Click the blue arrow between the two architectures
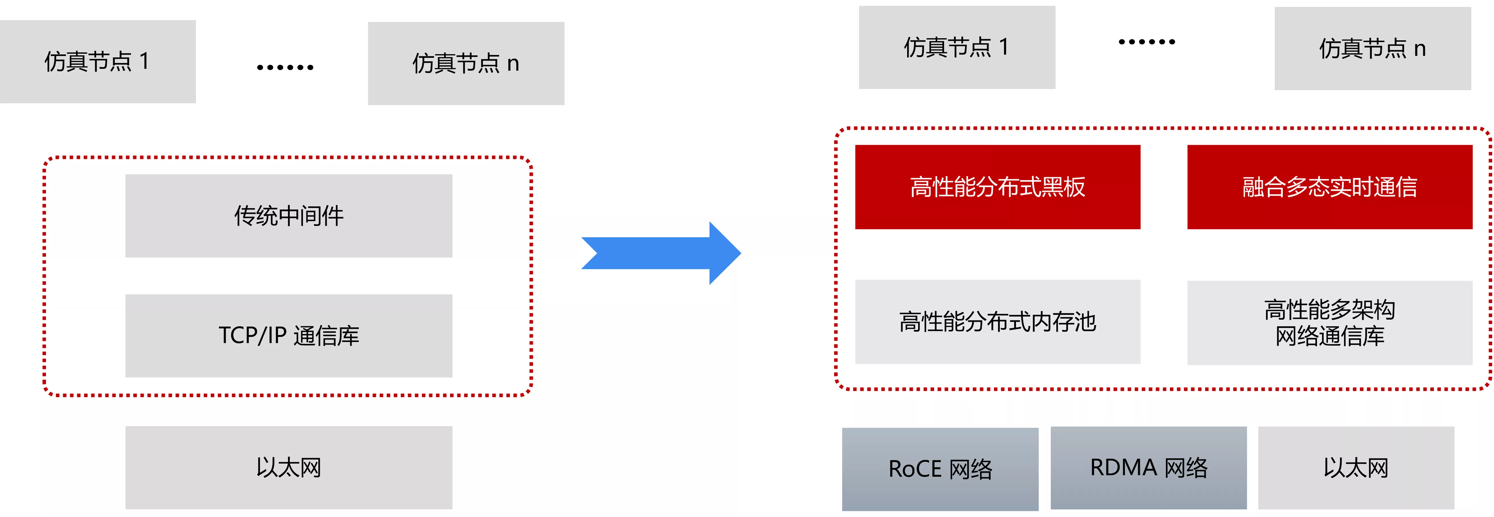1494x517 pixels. click(661, 253)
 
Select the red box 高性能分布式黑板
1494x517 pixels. click(997, 187)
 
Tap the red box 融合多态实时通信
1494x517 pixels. click(1330, 187)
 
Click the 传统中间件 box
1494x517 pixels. click(289, 216)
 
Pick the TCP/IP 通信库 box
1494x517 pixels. click(289, 336)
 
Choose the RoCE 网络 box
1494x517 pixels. click(940, 469)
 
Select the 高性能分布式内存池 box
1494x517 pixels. click(997, 322)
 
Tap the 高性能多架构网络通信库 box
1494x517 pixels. click(1330, 323)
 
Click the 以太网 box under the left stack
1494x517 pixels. click(289, 468)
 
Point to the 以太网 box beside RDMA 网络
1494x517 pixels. click(1356, 468)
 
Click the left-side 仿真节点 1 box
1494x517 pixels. click(97, 61)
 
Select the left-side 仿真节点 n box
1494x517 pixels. click(466, 63)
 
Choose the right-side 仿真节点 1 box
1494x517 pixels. click(957, 47)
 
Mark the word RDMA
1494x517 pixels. click(1123, 467)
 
